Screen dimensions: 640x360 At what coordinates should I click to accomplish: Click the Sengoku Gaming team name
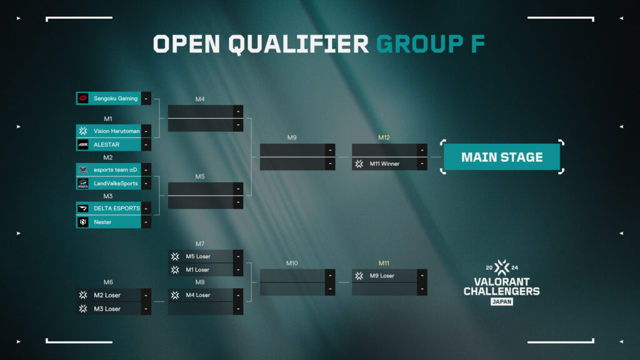click(x=116, y=98)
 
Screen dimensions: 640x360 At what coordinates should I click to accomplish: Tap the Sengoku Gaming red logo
click(x=83, y=98)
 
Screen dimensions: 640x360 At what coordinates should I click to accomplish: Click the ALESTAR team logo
click(x=83, y=144)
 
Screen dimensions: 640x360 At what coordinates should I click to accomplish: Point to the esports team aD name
click(x=116, y=170)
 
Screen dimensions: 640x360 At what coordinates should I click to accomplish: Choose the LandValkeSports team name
click(x=116, y=184)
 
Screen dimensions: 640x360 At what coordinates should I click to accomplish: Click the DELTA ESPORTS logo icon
click(x=83, y=208)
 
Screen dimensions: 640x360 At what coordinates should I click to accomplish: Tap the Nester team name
click(x=102, y=222)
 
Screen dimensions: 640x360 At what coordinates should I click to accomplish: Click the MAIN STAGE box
click(x=502, y=157)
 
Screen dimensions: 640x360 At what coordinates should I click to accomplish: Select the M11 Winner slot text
click(x=384, y=164)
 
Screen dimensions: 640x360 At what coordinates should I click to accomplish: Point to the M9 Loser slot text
click(x=382, y=276)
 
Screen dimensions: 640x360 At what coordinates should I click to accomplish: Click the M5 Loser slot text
click(x=198, y=256)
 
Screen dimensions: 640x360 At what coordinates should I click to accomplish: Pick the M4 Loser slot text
click(x=198, y=295)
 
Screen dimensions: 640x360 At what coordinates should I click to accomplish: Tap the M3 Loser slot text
click(x=107, y=309)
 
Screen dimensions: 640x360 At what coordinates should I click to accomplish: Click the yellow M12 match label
click(x=384, y=137)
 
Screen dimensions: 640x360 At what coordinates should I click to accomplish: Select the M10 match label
click(x=292, y=263)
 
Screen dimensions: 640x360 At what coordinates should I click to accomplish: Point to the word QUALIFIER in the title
click(x=298, y=44)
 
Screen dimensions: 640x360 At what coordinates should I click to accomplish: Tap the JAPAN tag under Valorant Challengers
click(x=502, y=302)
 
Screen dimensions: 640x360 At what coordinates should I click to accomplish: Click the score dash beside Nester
click(x=146, y=222)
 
